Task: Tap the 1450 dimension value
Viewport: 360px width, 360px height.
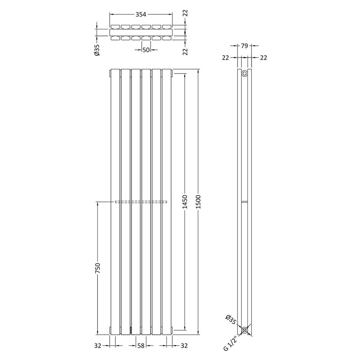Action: tap(184, 202)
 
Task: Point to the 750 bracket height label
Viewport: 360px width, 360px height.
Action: tap(98, 268)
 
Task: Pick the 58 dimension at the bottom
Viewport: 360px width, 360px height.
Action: tap(141, 346)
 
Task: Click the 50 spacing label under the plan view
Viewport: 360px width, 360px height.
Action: tap(146, 50)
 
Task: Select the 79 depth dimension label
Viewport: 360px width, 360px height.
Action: tap(244, 46)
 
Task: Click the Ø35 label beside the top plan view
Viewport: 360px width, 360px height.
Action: tap(97, 50)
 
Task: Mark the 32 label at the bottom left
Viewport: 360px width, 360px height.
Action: tap(97, 346)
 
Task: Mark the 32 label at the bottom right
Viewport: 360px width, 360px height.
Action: tap(184, 346)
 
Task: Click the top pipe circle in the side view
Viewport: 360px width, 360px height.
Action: tap(244, 74)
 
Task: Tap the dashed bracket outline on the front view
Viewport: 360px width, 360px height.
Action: tap(141, 202)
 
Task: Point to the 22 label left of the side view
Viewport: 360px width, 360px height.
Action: tap(226, 58)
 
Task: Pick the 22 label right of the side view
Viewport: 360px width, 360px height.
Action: tap(263, 58)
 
